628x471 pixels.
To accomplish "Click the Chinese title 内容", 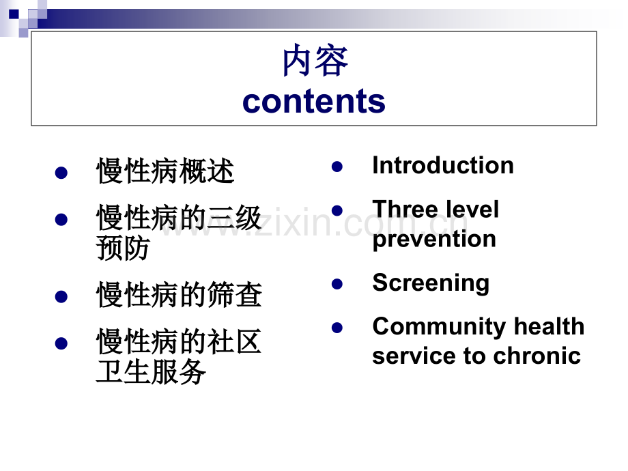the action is [315, 61].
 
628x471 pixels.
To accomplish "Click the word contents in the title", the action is [314, 101].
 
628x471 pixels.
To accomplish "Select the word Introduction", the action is [443, 165].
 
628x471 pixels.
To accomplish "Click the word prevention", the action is [434, 240].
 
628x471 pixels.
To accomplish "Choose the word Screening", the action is [431, 283].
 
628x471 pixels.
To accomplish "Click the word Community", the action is [440, 327].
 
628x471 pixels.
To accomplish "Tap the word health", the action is [549, 326].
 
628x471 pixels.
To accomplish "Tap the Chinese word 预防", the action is [123, 248].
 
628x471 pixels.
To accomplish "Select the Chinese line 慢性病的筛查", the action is [179, 295].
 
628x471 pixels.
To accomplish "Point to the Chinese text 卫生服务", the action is [151, 371].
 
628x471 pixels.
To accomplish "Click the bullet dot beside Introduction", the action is [337, 167].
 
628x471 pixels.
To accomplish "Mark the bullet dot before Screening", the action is [337, 284].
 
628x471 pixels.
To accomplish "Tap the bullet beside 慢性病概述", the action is [61, 173].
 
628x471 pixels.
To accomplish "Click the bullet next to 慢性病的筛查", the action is [61, 297].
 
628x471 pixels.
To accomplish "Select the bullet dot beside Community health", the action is [337, 328].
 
